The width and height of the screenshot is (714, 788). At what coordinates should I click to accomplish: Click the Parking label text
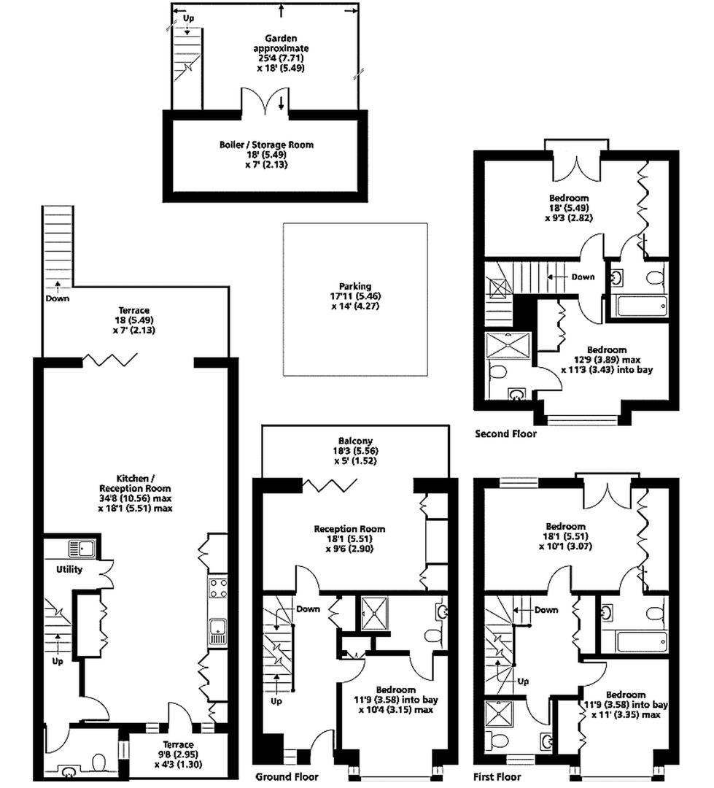[354, 287]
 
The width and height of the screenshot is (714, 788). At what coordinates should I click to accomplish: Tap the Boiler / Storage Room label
[266, 144]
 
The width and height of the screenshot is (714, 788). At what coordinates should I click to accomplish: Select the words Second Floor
[505, 434]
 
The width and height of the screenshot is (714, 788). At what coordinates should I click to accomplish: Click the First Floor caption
[497, 776]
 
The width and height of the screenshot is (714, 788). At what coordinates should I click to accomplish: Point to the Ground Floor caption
[287, 776]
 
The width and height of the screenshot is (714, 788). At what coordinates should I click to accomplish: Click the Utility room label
[69, 570]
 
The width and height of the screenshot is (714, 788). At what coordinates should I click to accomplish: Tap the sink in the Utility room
[77, 549]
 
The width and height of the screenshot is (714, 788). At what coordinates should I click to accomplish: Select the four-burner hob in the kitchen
[217, 587]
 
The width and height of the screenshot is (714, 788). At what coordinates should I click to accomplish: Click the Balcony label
[355, 441]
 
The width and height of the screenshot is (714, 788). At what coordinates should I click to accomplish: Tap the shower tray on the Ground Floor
[377, 613]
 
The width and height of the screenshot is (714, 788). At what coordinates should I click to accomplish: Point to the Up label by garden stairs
[188, 18]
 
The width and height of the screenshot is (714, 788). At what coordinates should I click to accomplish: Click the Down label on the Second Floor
[582, 277]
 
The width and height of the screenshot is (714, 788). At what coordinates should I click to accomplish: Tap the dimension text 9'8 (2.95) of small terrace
[178, 755]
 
